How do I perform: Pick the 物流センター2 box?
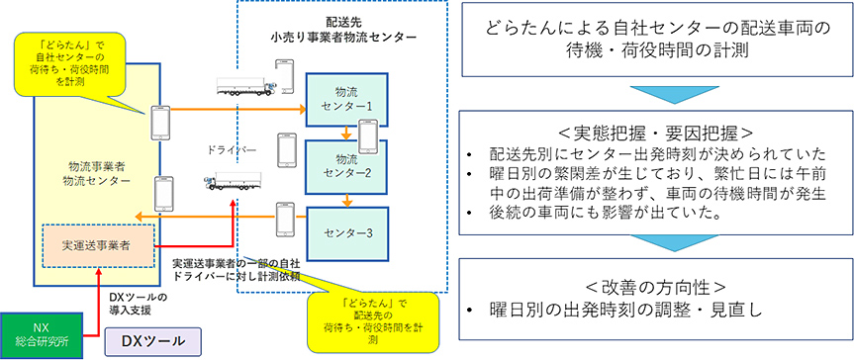(x=340, y=166)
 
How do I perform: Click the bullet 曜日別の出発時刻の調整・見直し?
(x=618, y=311)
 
